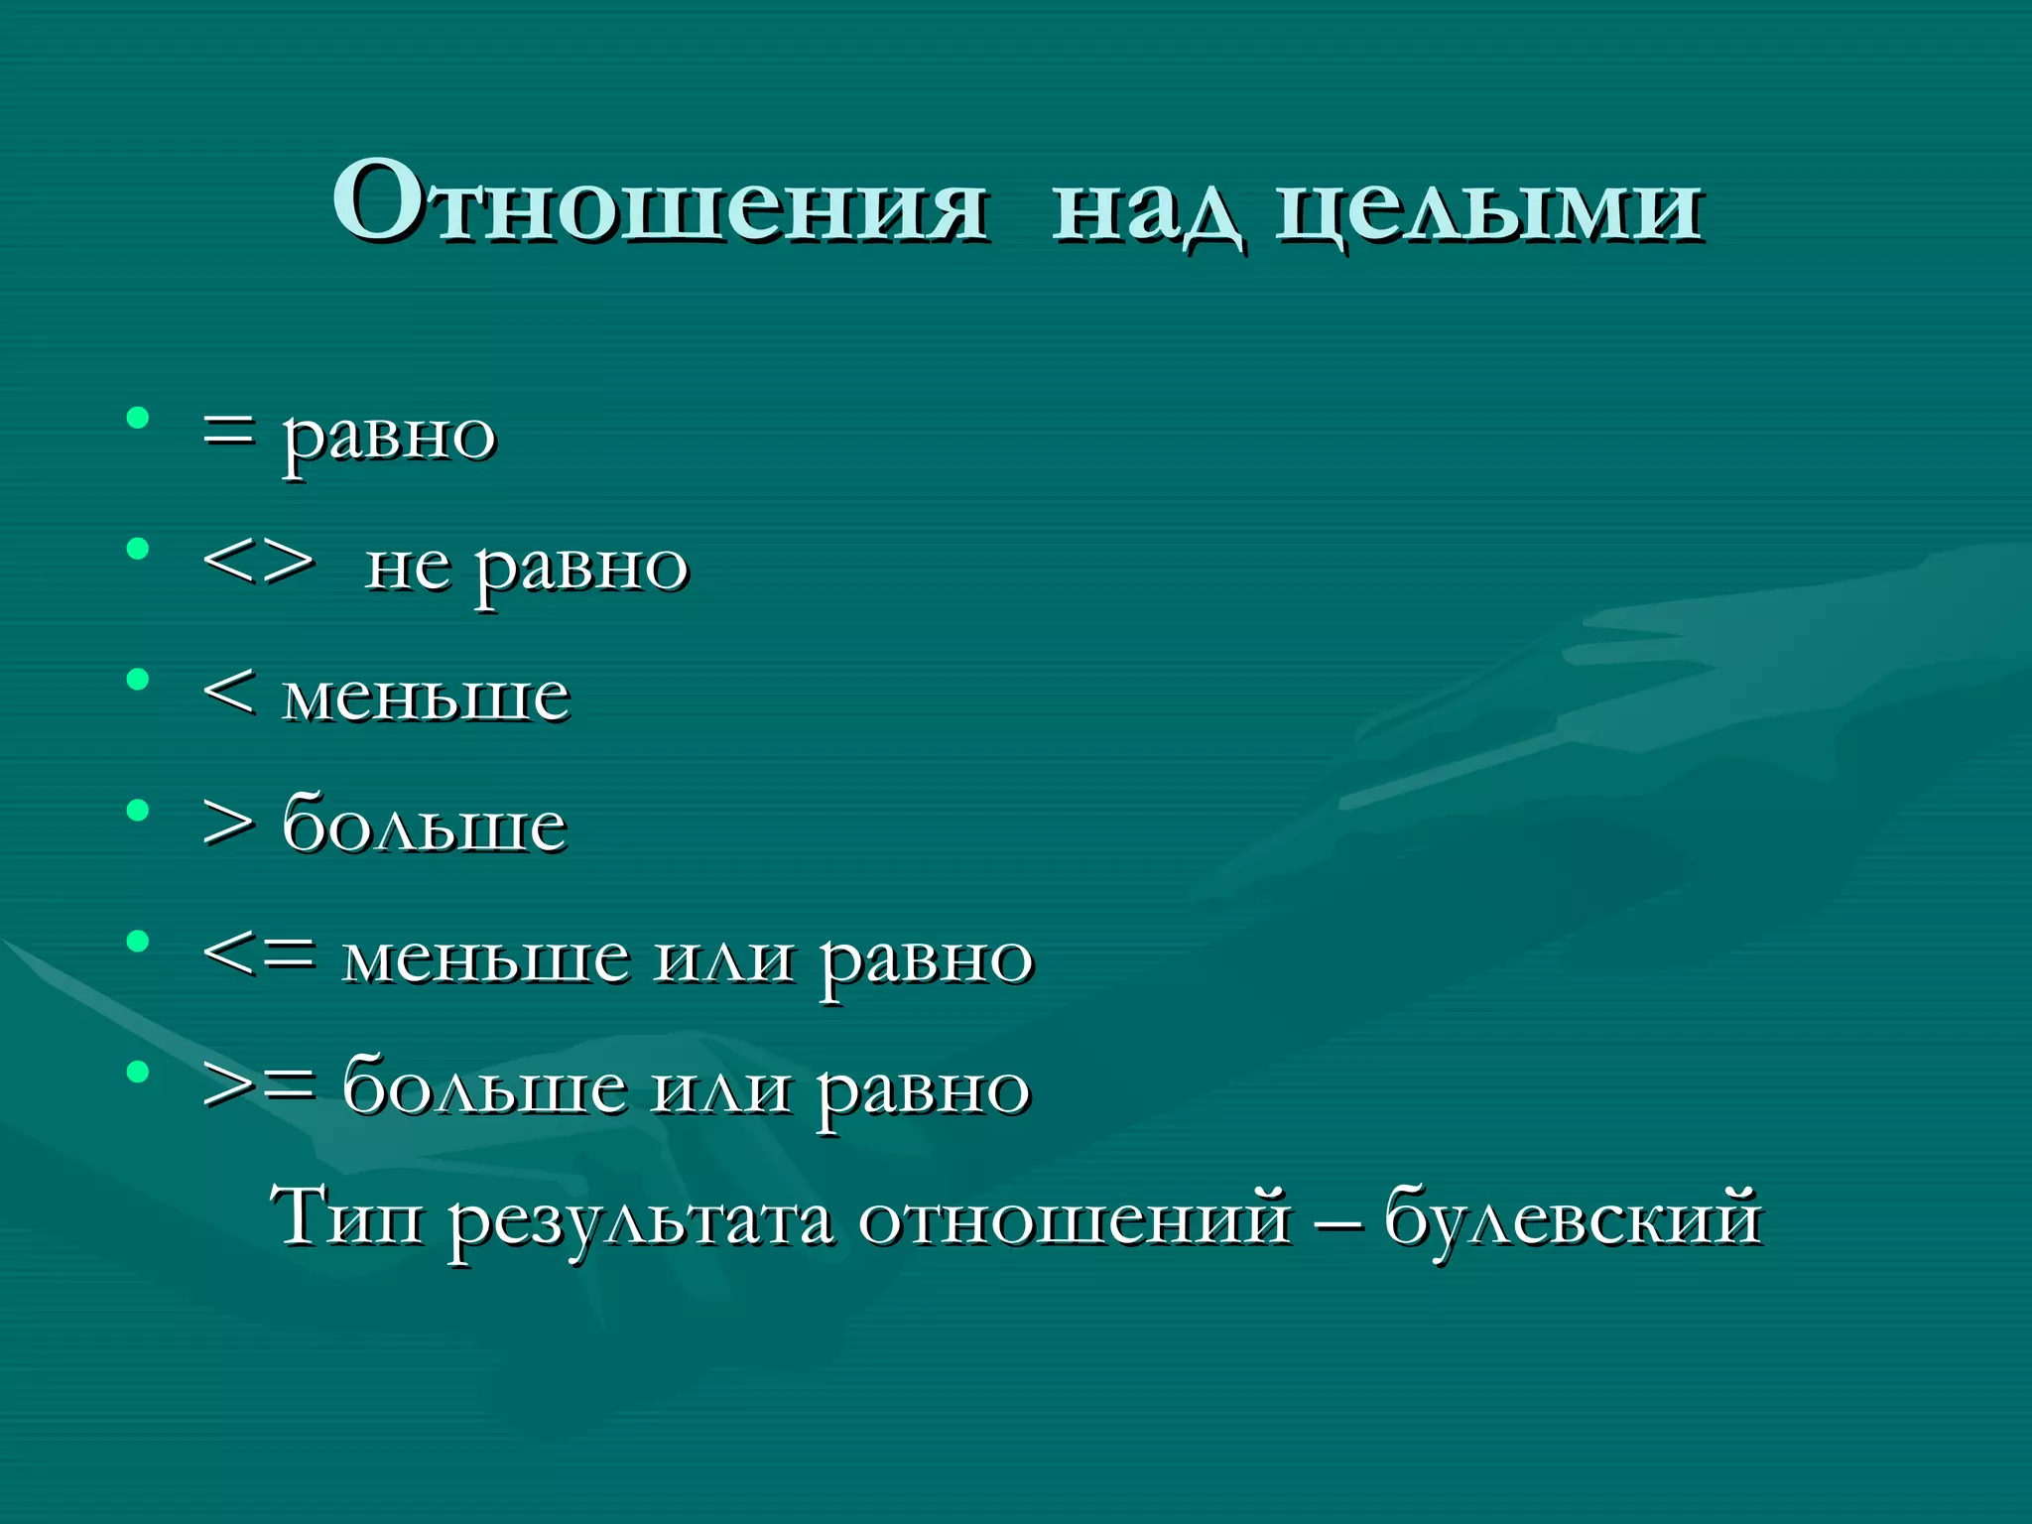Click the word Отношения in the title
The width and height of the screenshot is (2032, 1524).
[660, 203]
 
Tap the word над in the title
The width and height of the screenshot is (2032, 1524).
[1146, 208]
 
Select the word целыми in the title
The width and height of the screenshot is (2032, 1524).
[1488, 208]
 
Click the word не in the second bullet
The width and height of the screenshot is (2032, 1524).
[407, 568]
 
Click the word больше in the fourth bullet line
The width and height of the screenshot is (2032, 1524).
[425, 824]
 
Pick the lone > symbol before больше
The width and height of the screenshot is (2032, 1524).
[228, 824]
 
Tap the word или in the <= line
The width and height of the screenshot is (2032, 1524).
[724, 958]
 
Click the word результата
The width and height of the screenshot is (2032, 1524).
[640, 1220]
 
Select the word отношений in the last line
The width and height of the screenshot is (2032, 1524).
[1077, 1218]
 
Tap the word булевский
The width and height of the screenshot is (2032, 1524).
[1573, 1218]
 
